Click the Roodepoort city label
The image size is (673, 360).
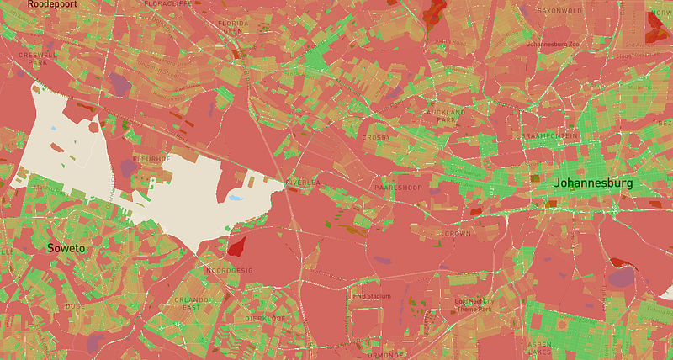pos(53,4)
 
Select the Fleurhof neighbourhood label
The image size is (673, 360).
pos(152,157)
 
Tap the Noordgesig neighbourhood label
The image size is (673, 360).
pos(230,270)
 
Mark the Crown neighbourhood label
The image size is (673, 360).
pos(458,233)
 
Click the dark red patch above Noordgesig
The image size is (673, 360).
pos(236,246)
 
